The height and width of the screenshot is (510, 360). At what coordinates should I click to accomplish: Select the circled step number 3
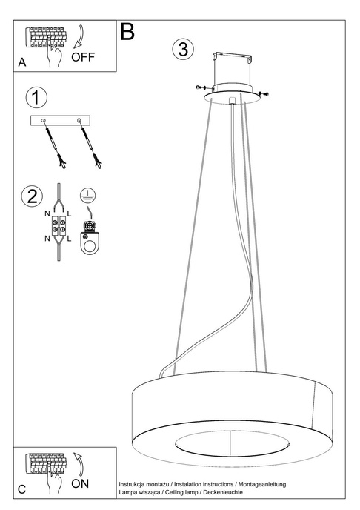click(x=183, y=50)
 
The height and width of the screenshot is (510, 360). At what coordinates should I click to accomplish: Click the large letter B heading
click(x=127, y=32)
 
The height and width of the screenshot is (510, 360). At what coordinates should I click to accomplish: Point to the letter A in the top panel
click(x=22, y=64)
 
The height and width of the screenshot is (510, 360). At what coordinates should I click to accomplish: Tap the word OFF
click(x=84, y=57)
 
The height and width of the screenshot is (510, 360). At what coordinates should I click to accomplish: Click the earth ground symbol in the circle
click(x=87, y=196)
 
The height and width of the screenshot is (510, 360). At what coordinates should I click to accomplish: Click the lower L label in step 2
click(x=68, y=239)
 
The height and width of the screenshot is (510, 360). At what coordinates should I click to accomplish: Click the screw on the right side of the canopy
click(x=264, y=93)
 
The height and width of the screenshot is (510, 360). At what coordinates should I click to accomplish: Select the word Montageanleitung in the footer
click(x=265, y=483)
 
